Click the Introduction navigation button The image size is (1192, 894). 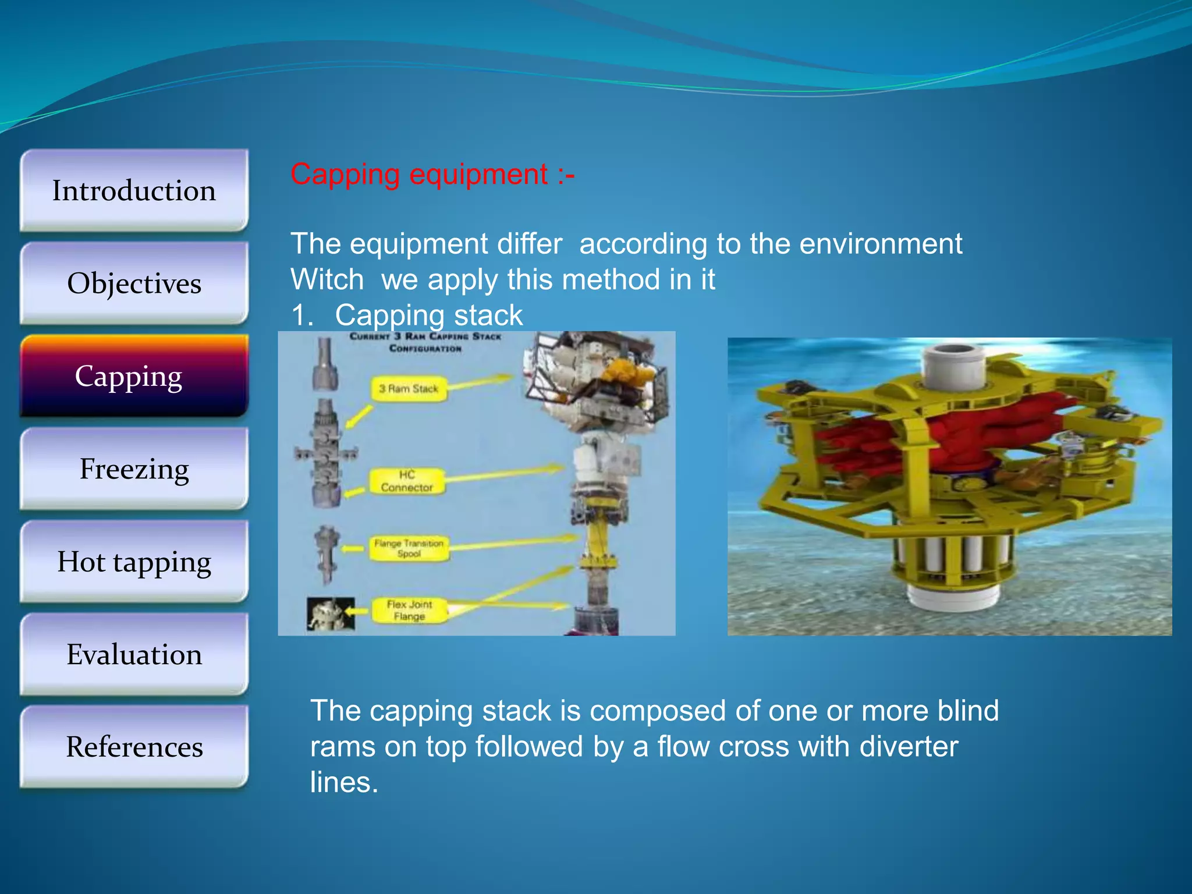(134, 191)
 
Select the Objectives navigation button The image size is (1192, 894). (134, 283)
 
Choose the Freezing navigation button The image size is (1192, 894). (134, 469)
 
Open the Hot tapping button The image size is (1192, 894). (134, 562)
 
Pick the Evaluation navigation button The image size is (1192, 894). (134, 654)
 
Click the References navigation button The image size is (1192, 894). (134, 747)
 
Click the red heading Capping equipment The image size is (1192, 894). (432, 175)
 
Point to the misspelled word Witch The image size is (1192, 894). (327, 279)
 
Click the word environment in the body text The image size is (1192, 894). (881, 244)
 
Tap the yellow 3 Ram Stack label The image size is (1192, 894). (409, 389)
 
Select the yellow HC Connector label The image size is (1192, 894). (407, 481)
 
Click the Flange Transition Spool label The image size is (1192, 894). (409, 548)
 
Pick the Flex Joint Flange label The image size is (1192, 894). (409, 610)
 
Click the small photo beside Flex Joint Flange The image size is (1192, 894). (331, 614)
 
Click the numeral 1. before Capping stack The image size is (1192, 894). (302, 315)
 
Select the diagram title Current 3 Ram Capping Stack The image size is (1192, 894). (425, 342)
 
